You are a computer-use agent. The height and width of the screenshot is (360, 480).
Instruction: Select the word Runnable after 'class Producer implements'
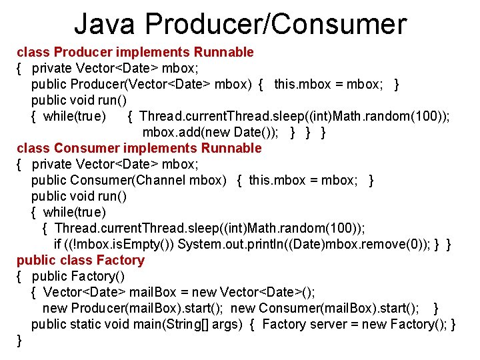(x=223, y=52)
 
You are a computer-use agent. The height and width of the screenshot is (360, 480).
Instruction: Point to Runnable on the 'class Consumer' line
(x=231, y=148)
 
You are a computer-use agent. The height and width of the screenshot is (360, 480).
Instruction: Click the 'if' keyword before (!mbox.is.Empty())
(x=57, y=244)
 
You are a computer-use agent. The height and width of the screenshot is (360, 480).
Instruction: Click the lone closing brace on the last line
(x=19, y=340)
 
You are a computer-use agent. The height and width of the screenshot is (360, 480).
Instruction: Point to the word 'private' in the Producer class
(x=52, y=68)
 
